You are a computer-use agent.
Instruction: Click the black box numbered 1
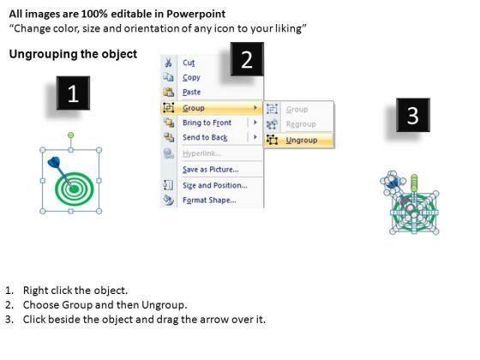[73, 93]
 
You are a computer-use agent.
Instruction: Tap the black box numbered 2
[247, 59]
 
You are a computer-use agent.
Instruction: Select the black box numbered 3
[413, 115]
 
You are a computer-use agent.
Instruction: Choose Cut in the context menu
[189, 63]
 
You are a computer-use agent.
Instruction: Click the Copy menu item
[191, 77]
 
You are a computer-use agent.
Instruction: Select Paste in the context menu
[192, 93]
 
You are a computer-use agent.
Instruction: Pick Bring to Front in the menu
[207, 123]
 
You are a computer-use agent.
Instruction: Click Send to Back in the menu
[205, 137]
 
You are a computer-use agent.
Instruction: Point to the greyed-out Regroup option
[301, 124]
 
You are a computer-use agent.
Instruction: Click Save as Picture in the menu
[211, 170]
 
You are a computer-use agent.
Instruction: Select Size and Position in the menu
[215, 185]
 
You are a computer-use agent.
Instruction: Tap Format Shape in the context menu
[209, 201]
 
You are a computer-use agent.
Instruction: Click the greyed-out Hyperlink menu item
[201, 153]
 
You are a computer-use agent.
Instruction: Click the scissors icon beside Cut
[168, 63]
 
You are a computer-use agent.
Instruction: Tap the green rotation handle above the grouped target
[70, 135]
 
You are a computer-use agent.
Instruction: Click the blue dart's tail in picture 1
[54, 162]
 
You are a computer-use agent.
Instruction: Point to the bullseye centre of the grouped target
[74, 189]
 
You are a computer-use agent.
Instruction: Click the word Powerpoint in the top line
[196, 14]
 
